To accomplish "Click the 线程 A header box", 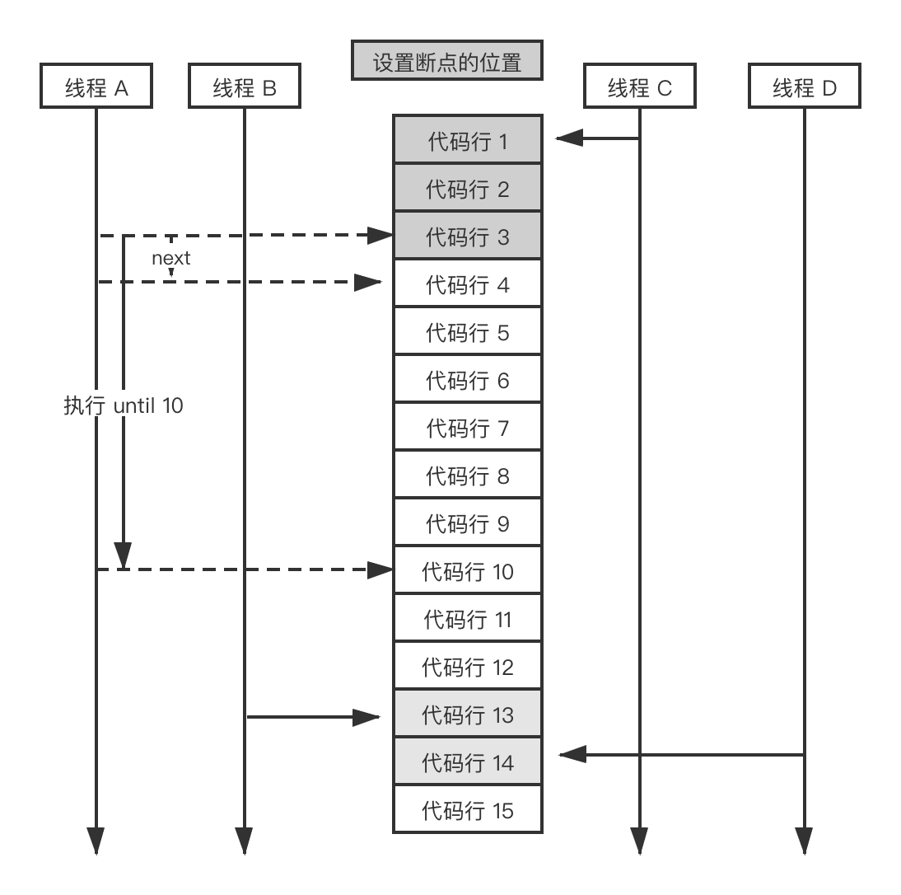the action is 96,86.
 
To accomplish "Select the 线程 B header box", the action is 245,86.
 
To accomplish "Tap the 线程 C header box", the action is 640,86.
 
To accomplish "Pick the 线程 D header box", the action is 805,86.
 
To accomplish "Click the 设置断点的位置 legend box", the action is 447,60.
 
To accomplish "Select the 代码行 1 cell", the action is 468,139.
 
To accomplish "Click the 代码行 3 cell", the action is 468,236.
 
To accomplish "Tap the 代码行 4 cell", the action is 468,283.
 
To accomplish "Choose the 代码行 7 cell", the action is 468,427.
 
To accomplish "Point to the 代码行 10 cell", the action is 468,570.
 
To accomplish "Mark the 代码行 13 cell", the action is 468,714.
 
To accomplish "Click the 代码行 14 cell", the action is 468,761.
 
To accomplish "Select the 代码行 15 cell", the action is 468,809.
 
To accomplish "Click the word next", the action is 170,258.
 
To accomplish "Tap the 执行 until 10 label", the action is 124,405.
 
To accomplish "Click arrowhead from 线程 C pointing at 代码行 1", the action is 569,138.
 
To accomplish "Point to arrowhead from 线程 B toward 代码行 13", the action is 366,717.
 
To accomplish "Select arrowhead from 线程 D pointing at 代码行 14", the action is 572,754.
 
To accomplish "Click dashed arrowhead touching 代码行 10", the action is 380,569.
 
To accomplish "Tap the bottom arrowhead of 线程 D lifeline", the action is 805,841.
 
